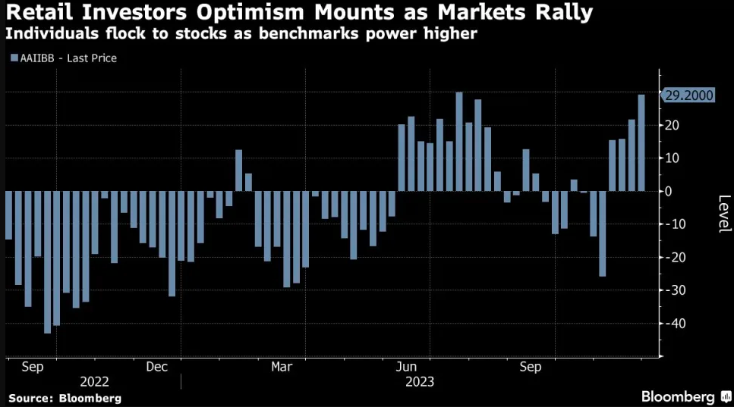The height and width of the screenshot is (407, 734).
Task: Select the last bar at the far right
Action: [x=641, y=142]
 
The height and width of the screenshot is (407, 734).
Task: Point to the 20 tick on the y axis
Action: [x=673, y=125]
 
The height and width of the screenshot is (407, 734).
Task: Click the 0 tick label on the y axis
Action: [x=669, y=191]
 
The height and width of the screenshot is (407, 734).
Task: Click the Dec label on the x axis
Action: [x=156, y=367]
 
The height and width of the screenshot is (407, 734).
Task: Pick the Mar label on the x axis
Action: [x=282, y=367]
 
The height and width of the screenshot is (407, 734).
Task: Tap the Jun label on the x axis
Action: [x=405, y=367]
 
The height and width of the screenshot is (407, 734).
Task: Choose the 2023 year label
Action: [x=420, y=381]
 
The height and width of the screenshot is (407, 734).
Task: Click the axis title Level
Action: [x=724, y=214]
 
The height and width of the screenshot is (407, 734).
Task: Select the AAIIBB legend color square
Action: [x=14, y=58]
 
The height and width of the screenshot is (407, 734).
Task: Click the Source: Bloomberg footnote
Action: [x=65, y=397]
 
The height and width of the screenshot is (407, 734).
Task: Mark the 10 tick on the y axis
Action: [x=673, y=158]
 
